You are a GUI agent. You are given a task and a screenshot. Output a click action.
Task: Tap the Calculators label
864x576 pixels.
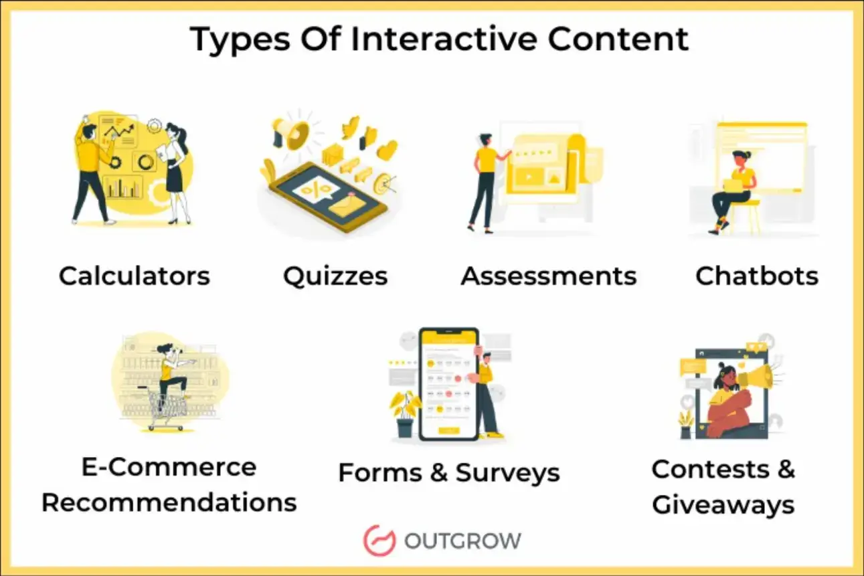point(135,276)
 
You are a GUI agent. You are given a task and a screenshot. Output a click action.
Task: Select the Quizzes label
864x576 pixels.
point(335,276)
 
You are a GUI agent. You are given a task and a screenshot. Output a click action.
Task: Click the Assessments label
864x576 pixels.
point(549,276)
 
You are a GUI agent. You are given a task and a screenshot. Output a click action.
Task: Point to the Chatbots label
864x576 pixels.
point(757,276)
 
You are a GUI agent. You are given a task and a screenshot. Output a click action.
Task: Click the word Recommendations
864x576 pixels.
point(169,502)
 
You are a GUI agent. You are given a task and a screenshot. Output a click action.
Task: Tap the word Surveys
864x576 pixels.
point(508,473)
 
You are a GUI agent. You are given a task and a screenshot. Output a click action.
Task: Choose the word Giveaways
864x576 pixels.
point(723,504)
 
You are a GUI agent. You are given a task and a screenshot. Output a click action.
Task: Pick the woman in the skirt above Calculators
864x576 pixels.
point(175,171)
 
